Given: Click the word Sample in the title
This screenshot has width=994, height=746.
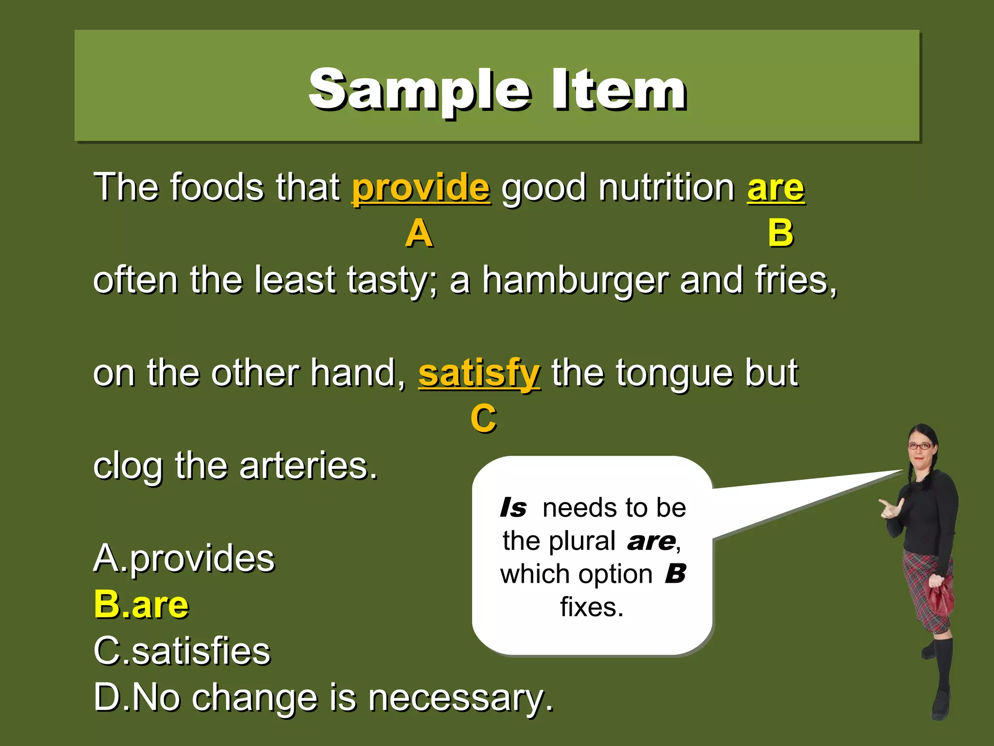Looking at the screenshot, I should pyautogui.click(x=420, y=90).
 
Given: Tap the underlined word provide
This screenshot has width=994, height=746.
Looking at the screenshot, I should pyautogui.click(x=421, y=188).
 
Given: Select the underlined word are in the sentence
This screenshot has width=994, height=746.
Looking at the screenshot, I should pyautogui.click(x=776, y=188).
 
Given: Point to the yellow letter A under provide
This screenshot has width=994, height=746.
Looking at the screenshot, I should pyautogui.click(x=419, y=234).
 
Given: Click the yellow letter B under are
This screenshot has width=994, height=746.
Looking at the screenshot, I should pyautogui.click(x=780, y=234).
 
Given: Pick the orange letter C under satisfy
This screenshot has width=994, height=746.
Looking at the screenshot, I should pyautogui.click(x=483, y=419).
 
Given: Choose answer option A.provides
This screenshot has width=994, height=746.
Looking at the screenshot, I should pyautogui.click(x=184, y=559).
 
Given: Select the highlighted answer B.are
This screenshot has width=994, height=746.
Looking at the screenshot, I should pyautogui.click(x=141, y=605).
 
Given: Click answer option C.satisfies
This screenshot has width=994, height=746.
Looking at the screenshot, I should pyautogui.click(x=182, y=651).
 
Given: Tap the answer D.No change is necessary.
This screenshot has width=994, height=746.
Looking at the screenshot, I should pyautogui.click(x=323, y=697).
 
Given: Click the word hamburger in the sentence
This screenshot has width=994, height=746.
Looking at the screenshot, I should pyautogui.click(x=575, y=281).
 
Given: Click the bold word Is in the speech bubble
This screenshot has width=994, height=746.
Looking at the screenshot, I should pyautogui.click(x=513, y=508).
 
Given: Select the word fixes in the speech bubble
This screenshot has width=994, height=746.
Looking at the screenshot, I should pyautogui.click(x=592, y=607).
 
